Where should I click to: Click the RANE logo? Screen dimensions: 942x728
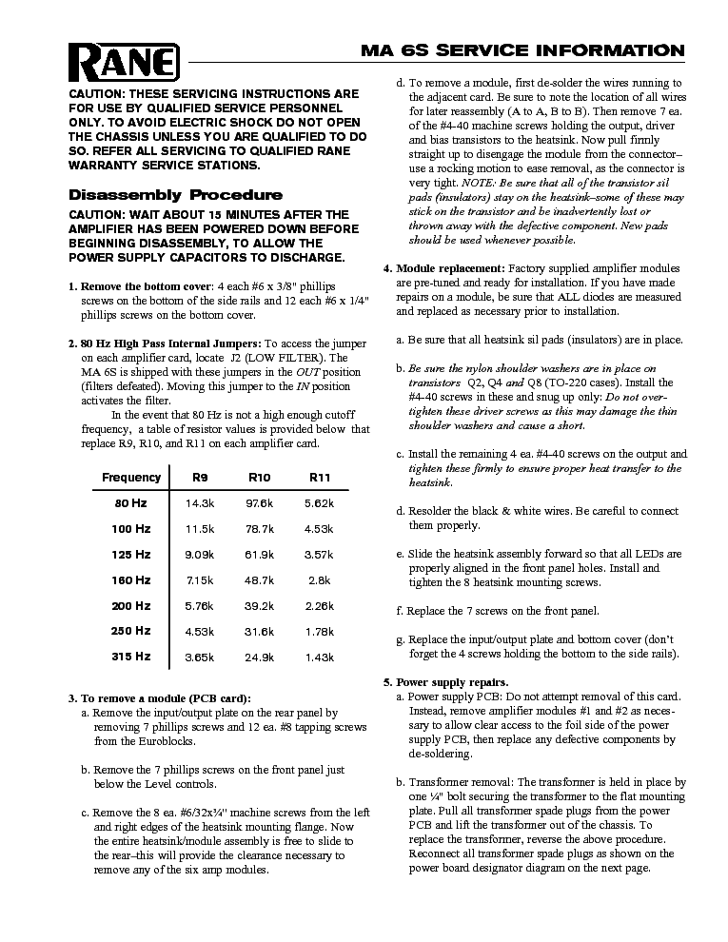125,63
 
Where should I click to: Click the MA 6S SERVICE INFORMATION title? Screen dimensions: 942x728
521,50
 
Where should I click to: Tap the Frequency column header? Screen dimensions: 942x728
131,477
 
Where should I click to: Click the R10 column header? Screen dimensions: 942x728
260,477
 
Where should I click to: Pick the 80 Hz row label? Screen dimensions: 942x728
131,502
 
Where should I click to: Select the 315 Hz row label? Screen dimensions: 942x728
131,657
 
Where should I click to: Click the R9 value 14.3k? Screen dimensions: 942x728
199,502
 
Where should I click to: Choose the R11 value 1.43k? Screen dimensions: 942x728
319,657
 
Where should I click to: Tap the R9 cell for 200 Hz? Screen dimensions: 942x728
199,605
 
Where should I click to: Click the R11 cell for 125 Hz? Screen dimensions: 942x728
319,554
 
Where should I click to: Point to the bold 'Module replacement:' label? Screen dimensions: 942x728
451,268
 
